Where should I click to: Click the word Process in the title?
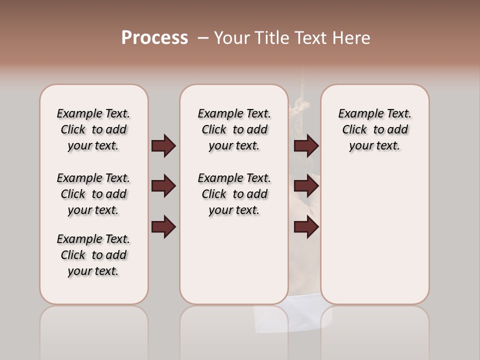tap(154, 38)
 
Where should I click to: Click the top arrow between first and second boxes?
tap(163, 146)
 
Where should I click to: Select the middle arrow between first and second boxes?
tap(163, 186)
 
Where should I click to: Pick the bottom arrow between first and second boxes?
tap(163, 227)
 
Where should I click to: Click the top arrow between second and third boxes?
tap(306, 146)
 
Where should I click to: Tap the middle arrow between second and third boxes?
tap(306, 186)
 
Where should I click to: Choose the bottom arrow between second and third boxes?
tap(306, 227)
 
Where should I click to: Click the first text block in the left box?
tap(93, 129)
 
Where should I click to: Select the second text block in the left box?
tap(93, 194)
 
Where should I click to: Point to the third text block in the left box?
tap(93, 255)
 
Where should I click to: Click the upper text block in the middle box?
tap(234, 129)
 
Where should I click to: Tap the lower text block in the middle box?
tap(234, 194)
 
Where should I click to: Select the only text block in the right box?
tap(374, 129)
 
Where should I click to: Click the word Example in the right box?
tap(357, 114)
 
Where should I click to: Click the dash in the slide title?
tap(203, 38)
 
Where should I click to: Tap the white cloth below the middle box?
tap(270, 318)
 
